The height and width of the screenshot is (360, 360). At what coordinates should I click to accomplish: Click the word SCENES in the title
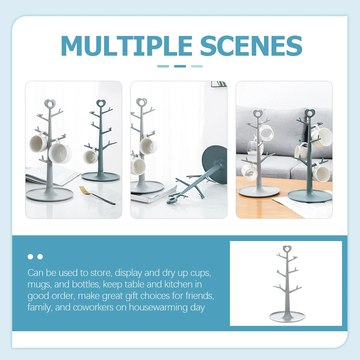point(251,46)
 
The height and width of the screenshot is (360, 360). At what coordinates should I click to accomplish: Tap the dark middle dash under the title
point(180,66)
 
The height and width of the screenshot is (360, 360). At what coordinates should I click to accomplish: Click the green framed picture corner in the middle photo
point(219,84)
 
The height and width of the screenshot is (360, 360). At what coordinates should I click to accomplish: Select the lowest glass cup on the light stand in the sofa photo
point(249,172)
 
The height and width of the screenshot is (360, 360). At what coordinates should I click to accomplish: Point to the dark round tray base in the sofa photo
point(309,195)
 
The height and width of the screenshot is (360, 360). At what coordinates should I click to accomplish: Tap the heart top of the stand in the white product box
point(287,249)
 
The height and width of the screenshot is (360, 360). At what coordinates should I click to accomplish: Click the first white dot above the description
point(31,257)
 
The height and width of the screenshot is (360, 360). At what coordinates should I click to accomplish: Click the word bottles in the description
point(85,284)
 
